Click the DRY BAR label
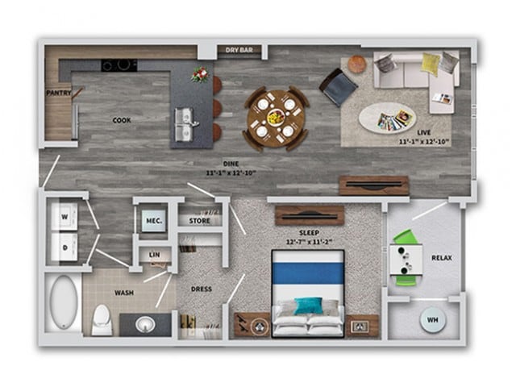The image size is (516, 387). [x=239, y=51]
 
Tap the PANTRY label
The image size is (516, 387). [x=59, y=93]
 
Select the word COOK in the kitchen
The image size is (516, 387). [x=122, y=120]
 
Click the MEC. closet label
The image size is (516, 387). [x=153, y=219]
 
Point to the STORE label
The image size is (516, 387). [x=199, y=219]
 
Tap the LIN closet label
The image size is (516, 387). [x=156, y=256]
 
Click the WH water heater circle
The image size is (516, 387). [x=432, y=319]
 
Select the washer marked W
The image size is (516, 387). [x=64, y=216]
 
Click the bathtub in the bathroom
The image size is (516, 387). [x=63, y=304]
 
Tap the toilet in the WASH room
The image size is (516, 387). [x=102, y=319]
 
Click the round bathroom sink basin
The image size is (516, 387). [x=144, y=324]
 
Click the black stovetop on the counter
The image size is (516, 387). [x=119, y=65]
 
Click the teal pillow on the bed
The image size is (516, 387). [x=307, y=306]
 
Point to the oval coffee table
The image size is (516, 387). [x=389, y=119]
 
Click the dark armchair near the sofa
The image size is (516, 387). [x=337, y=85]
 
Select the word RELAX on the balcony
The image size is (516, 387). [x=442, y=259]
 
